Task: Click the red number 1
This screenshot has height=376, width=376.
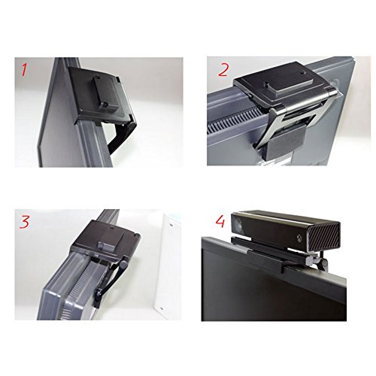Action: pos(24,69)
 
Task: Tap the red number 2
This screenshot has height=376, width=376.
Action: pos(223,70)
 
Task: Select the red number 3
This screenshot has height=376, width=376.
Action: pos(24,222)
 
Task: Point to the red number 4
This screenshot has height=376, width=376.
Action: pos(220,221)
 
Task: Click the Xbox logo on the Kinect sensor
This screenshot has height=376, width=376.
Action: pos(299,238)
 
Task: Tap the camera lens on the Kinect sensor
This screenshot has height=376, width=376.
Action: pos(239,225)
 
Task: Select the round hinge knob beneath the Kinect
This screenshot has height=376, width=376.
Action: pos(325,262)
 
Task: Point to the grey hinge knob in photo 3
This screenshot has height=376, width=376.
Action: pos(123,264)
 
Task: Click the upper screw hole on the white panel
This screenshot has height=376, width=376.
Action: pos(171,225)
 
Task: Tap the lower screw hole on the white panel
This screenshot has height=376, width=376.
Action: pos(161,308)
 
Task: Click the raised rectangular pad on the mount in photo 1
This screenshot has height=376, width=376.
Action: pos(106,92)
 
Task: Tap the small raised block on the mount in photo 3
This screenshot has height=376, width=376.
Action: pos(111,240)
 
